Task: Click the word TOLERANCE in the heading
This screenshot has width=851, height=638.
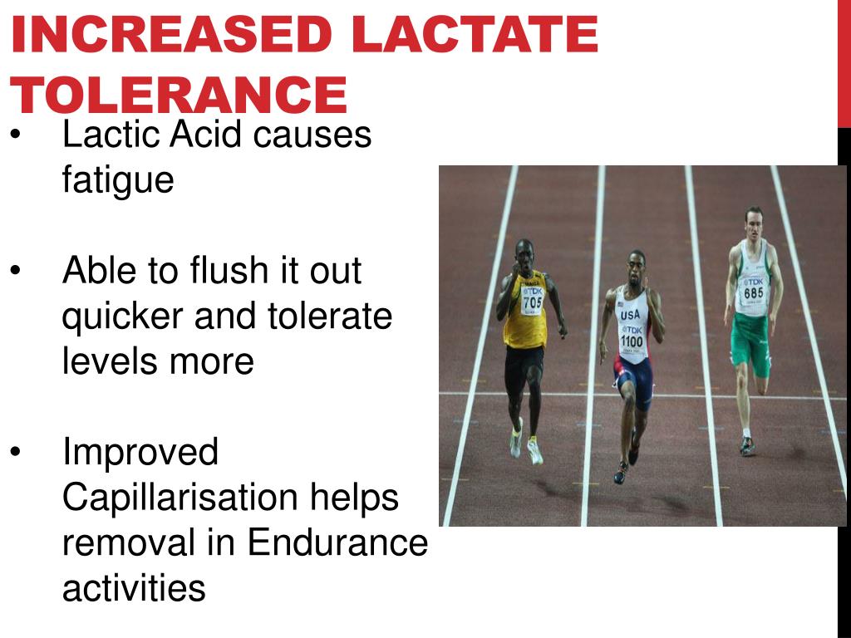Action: pos(178,95)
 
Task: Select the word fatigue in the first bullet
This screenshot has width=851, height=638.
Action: pos(118,179)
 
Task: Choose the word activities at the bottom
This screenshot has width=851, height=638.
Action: pos(134,589)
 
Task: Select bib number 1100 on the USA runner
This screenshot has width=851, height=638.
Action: pos(632,341)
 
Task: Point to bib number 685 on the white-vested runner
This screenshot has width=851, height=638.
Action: pos(754,292)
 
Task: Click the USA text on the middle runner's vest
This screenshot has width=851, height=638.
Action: pos(631,315)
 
